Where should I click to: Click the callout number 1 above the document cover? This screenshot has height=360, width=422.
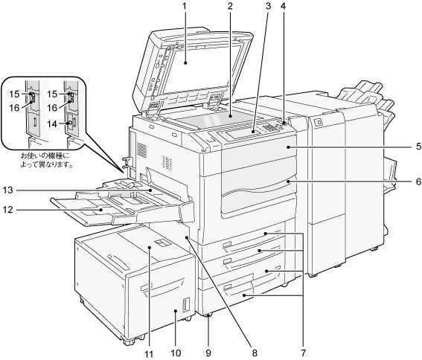click(x=185, y=6)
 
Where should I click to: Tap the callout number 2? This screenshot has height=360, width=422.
click(x=229, y=6)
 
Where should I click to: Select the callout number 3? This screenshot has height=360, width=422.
click(x=268, y=6)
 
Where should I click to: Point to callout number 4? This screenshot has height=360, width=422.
click(x=283, y=6)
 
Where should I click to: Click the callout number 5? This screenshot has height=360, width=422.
click(x=418, y=147)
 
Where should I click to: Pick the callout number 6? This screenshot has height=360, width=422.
click(x=418, y=182)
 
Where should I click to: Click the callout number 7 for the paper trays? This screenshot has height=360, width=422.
click(x=304, y=353)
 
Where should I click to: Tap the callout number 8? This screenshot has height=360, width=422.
click(x=255, y=353)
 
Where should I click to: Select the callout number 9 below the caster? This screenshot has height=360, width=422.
click(x=208, y=353)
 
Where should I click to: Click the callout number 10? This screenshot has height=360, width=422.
click(x=176, y=353)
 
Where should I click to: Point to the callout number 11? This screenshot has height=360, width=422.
click(x=148, y=354)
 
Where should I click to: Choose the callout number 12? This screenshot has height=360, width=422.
click(x=7, y=210)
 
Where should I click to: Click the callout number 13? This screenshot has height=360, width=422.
click(x=7, y=190)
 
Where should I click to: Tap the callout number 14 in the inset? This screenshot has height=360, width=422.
click(x=52, y=124)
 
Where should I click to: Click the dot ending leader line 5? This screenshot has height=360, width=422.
click(x=288, y=147)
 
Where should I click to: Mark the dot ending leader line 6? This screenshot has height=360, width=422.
click(x=288, y=182)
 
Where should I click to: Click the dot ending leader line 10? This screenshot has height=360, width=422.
click(x=175, y=311)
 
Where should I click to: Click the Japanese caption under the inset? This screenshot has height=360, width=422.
click(x=48, y=161)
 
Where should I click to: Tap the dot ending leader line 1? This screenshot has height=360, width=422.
click(x=185, y=63)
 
